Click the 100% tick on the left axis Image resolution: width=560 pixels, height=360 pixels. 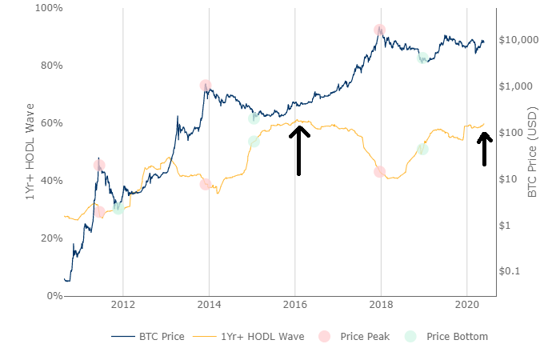[x=46, y=8]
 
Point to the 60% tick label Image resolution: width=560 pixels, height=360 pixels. [x=48, y=123]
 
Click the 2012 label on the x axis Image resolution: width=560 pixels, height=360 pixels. [x=123, y=305]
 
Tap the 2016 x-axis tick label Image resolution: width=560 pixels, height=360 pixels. [x=295, y=305]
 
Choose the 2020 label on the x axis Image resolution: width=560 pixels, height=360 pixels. [x=467, y=305]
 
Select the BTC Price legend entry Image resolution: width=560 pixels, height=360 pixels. [x=149, y=337]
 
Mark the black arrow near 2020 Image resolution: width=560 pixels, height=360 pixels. [x=484, y=149]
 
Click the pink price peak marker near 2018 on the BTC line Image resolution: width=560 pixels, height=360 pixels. [x=379, y=30]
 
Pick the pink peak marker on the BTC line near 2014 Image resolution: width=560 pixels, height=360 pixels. [x=206, y=86]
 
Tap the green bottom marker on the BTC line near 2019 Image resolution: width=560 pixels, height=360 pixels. [x=422, y=58]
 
